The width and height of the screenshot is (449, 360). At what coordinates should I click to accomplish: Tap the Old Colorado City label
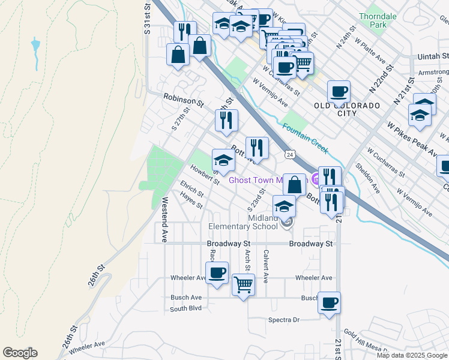coord(347,109)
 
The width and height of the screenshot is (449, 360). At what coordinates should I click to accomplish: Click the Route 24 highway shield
coord(289,155)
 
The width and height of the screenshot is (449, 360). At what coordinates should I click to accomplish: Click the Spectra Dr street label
coord(283,320)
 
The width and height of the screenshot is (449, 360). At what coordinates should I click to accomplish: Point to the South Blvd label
coord(185,309)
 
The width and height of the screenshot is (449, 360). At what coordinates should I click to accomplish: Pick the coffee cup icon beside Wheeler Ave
coord(217,272)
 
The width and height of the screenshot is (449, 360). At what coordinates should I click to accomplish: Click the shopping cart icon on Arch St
coord(243,284)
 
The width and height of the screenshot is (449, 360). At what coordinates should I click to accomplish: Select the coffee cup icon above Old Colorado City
coord(339,91)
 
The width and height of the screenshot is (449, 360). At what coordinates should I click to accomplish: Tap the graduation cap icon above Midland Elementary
coord(284,206)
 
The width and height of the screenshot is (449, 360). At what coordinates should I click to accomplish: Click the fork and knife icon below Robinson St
coord(226,119)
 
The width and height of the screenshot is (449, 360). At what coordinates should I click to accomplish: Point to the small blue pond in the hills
coord(36,45)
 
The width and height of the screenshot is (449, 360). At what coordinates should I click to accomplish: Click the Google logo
coord(20,353)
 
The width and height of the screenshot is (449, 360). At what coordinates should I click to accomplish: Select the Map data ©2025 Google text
coord(412,355)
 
